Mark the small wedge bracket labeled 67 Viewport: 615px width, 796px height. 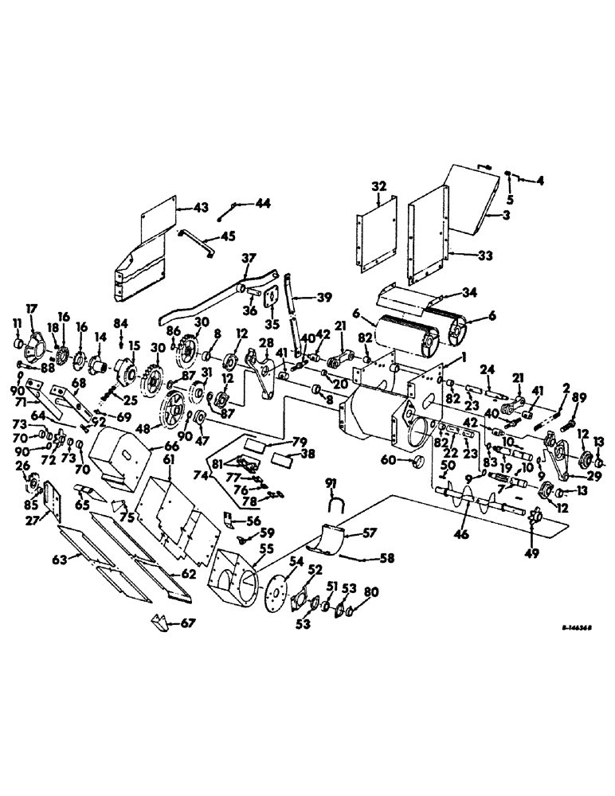[160, 623]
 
